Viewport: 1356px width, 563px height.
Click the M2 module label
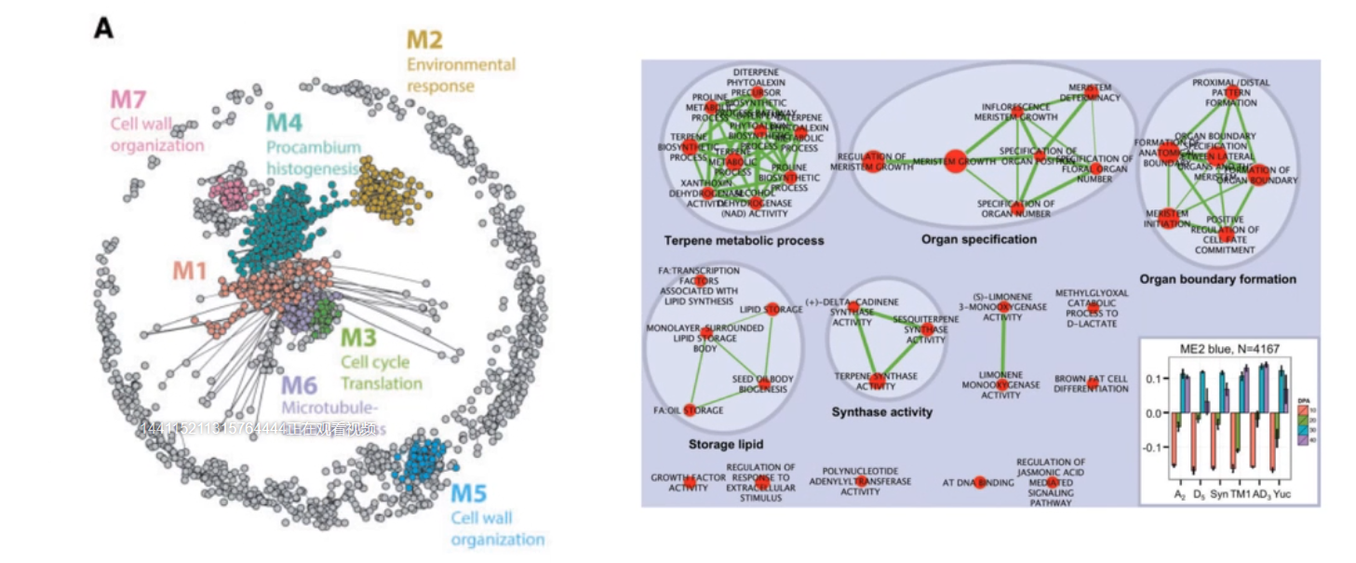point(424,40)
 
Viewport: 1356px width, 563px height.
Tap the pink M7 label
point(128,99)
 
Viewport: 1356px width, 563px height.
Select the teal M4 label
point(284,122)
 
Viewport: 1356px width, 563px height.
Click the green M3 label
point(358,337)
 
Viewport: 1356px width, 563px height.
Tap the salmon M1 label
point(191,270)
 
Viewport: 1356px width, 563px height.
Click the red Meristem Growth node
point(955,162)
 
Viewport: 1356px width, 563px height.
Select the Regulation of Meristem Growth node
point(873,162)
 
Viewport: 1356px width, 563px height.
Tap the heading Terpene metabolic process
point(744,241)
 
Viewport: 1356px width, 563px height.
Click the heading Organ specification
point(978,239)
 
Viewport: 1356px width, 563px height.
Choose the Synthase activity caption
point(881,412)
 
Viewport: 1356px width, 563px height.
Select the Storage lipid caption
point(725,445)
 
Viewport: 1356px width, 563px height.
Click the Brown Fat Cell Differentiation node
point(1093,383)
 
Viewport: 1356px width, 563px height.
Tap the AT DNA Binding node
point(980,482)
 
